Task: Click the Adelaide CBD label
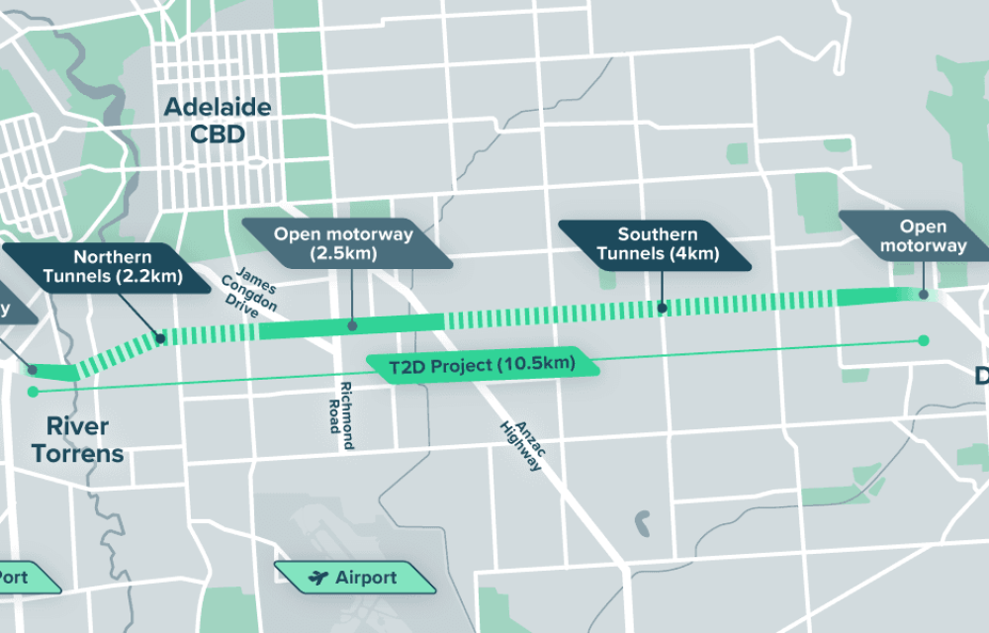pyautogui.click(x=218, y=120)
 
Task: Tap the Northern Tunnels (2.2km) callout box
pyautogui.click(x=114, y=265)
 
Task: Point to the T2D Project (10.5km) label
pyautogui.click(x=482, y=365)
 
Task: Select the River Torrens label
pyautogui.click(x=77, y=441)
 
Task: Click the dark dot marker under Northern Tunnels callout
pyautogui.click(x=158, y=337)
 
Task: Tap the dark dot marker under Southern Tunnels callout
pyautogui.click(x=661, y=309)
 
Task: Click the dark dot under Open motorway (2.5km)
pyautogui.click(x=351, y=324)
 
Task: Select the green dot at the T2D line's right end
pyautogui.click(x=923, y=340)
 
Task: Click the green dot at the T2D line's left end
pyautogui.click(x=33, y=392)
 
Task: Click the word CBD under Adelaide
pyautogui.click(x=218, y=134)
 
